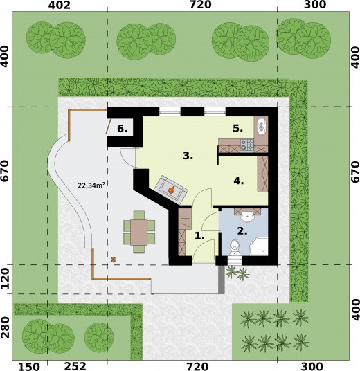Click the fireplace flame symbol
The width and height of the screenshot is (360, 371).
point(170,190)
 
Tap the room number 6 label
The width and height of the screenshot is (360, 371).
point(122,129)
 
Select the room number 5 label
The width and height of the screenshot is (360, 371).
point(238,129)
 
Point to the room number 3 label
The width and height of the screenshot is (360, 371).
point(188,156)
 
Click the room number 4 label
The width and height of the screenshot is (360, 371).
point(239,181)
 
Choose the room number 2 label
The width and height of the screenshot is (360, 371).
point(242,231)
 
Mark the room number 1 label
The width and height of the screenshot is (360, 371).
point(199,236)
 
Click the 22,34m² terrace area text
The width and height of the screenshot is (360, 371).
point(91,185)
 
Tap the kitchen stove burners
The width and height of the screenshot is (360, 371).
point(247,145)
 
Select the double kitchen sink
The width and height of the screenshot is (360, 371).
point(262,126)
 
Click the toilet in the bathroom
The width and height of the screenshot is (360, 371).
point(235,248)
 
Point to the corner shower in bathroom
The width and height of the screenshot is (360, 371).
point(259,246)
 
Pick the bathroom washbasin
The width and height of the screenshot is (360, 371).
point(247,217)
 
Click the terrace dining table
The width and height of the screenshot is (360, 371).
point(138,233)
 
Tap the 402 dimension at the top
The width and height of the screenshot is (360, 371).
point(59,5)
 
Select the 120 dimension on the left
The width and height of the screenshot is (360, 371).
point(6,279)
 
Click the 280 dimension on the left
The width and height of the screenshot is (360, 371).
point(6,327)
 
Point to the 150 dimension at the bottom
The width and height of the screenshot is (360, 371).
point(29,367)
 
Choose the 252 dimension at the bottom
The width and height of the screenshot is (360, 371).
point(75,366)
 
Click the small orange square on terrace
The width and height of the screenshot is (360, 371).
point(113,260)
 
